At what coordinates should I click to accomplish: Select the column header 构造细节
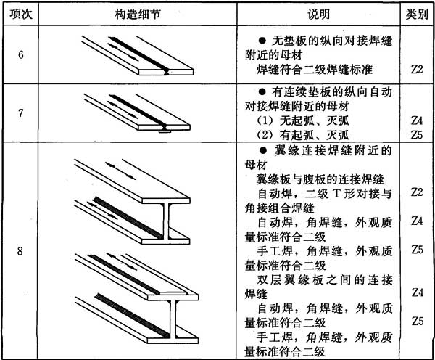(x=131, y=15)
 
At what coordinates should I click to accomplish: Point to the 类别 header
(x=416, y=15)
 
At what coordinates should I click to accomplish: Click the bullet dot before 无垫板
(x=261, y=39)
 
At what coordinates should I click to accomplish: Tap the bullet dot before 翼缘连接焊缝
(x=261, y=151)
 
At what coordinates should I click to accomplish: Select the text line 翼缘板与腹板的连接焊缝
(x=320, y=179)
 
